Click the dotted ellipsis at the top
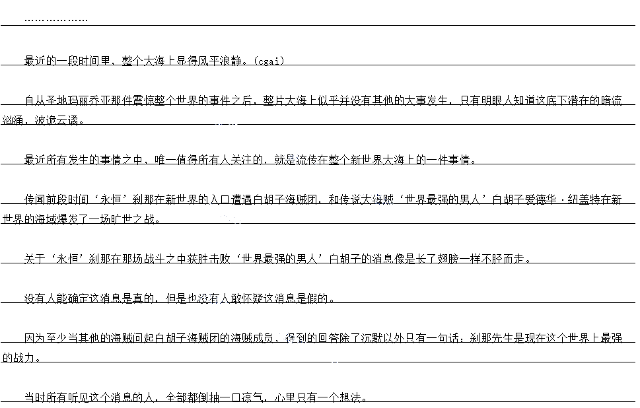click(x=55, y=20)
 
